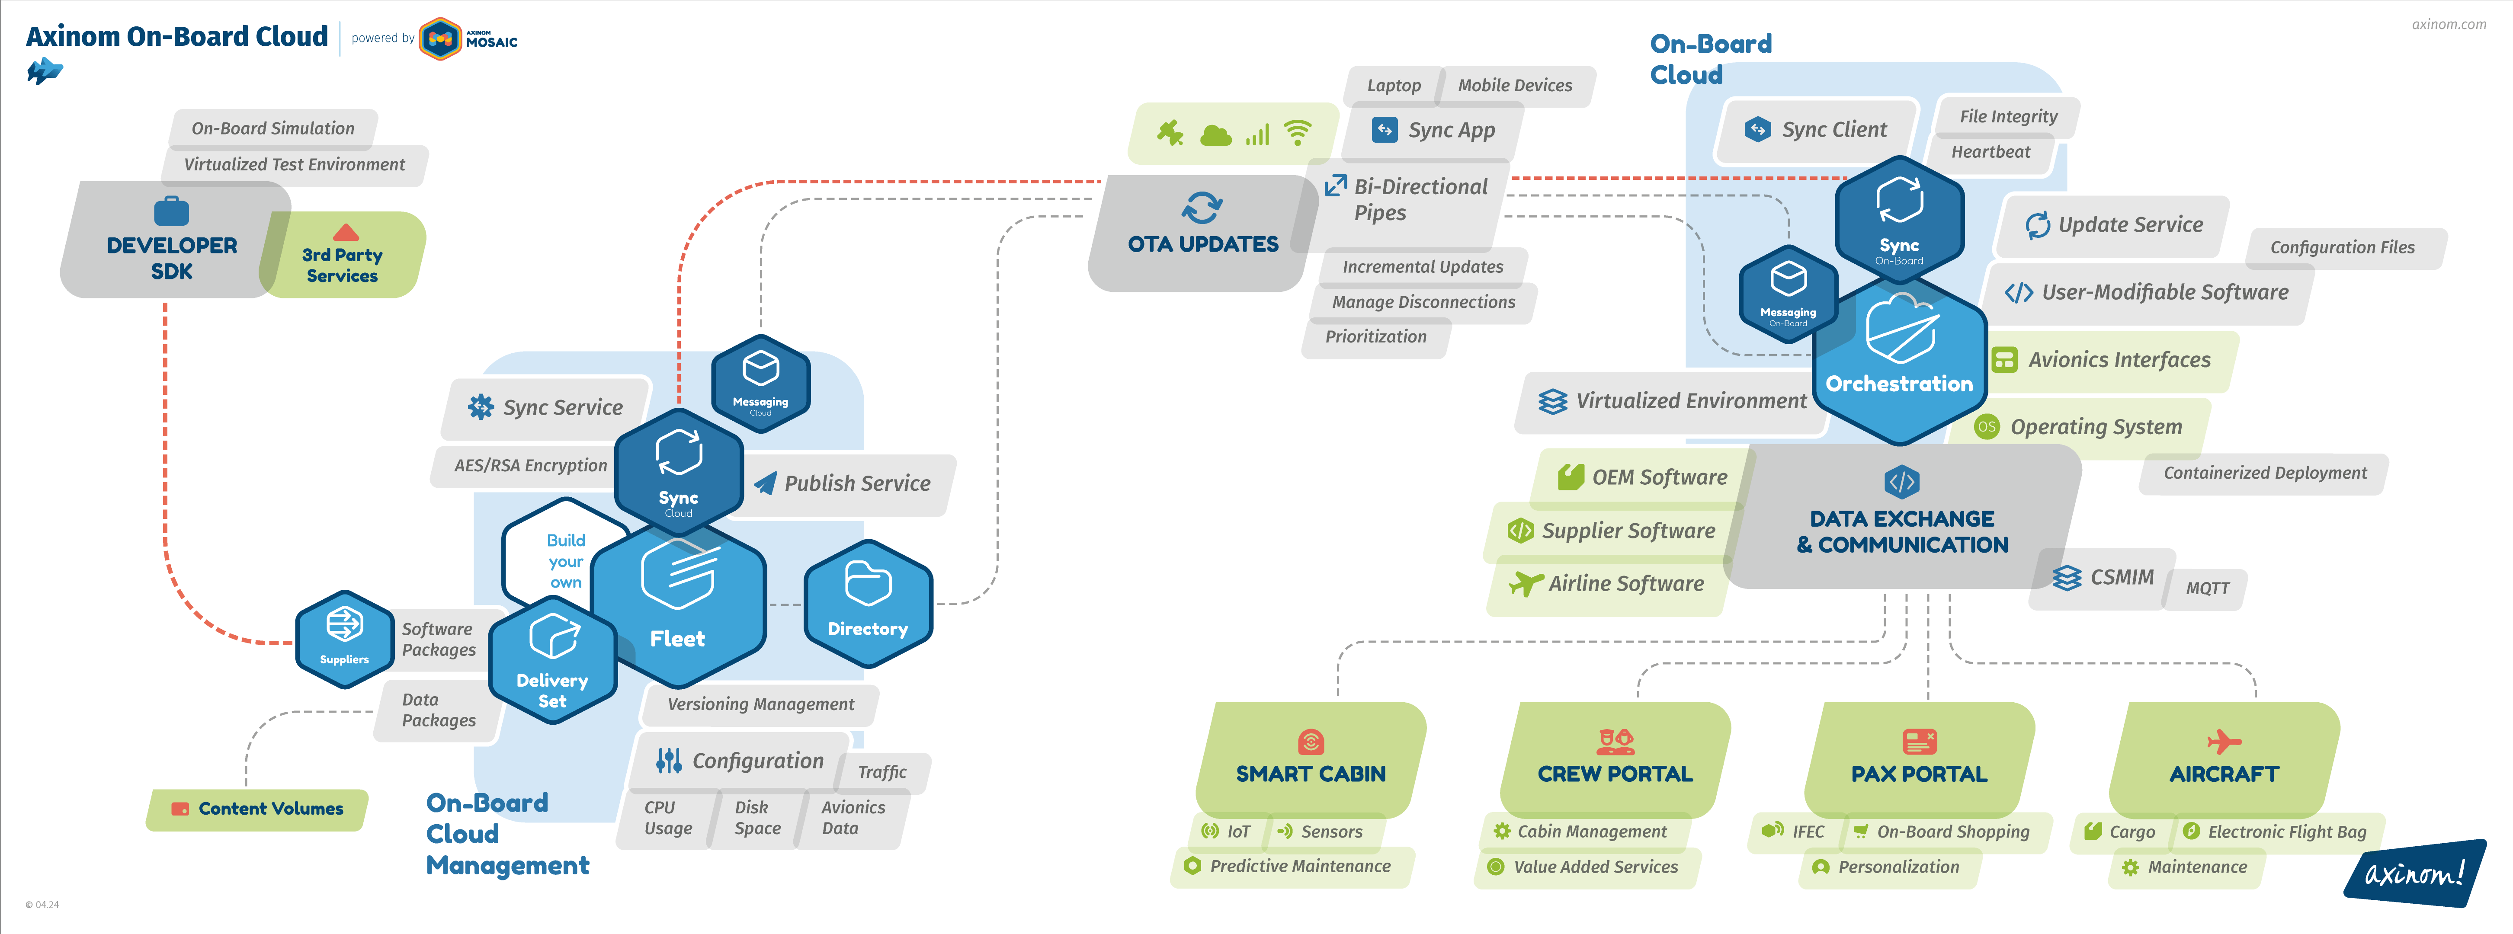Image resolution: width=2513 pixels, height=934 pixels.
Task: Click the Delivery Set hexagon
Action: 552,661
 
